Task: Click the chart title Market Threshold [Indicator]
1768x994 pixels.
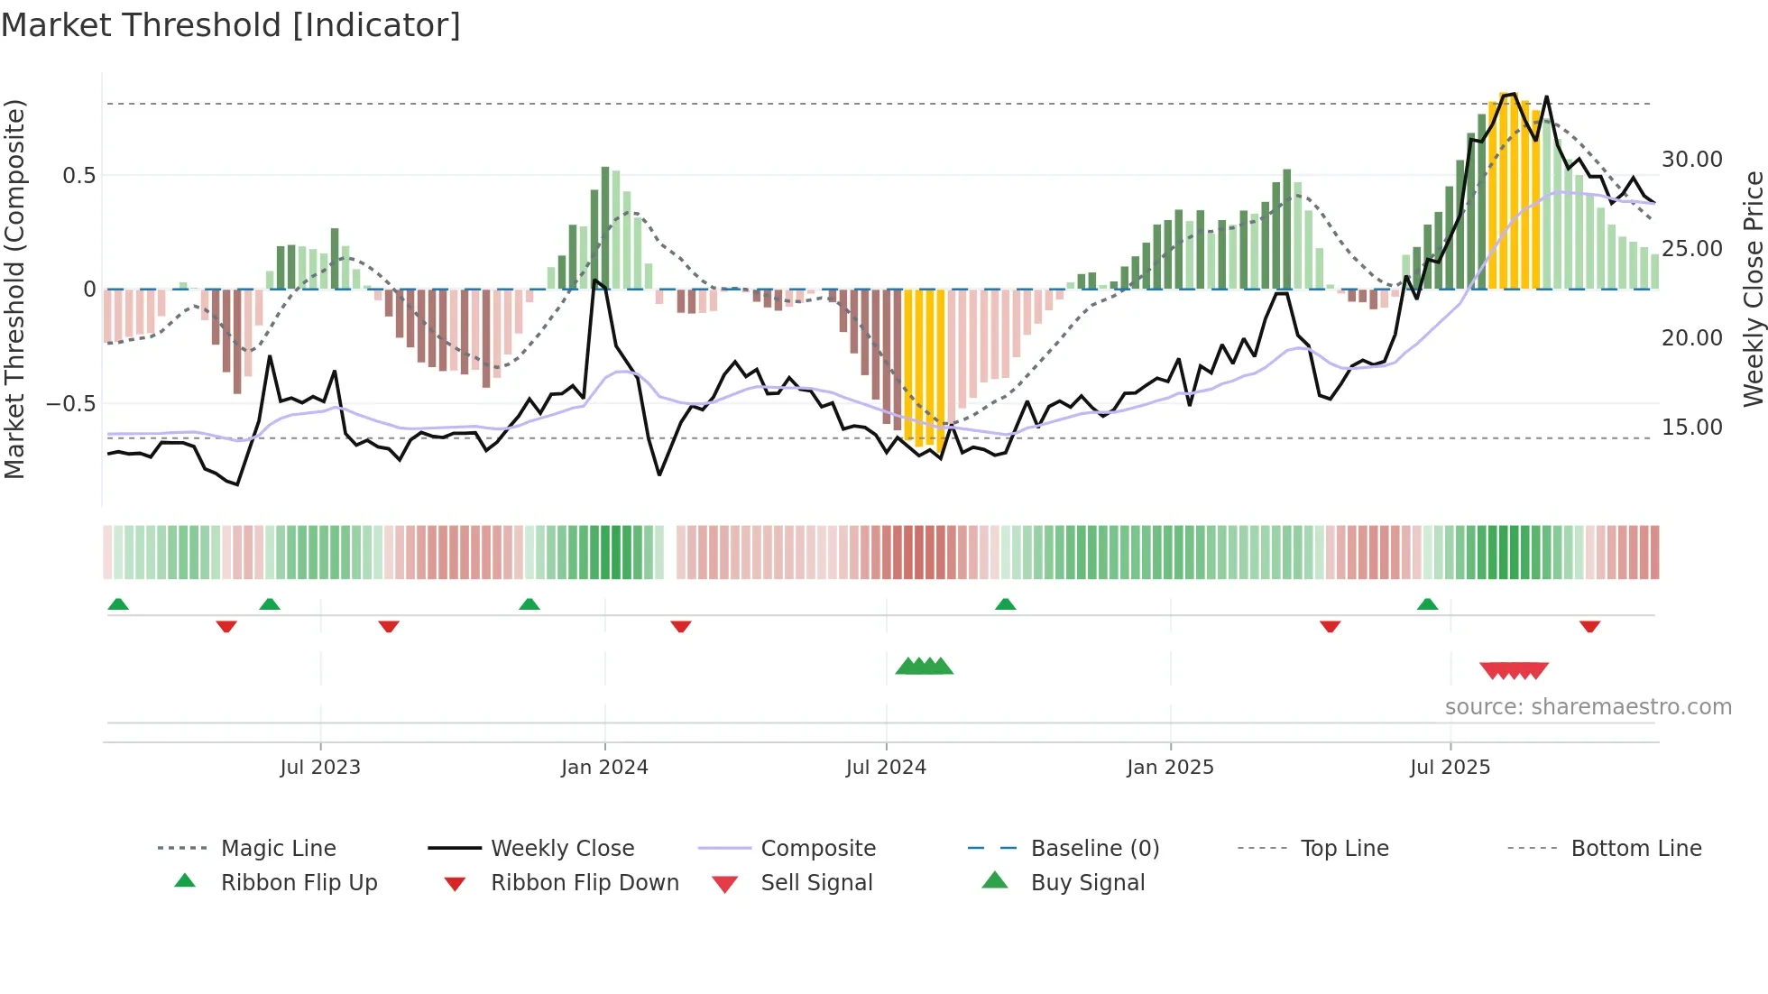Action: click(231, 25)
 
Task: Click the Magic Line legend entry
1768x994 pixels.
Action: click(278, 848)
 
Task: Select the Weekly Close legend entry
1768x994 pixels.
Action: click(562, 848)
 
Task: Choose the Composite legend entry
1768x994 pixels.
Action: click(817, 848)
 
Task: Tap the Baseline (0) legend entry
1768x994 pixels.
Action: click(1094, 848)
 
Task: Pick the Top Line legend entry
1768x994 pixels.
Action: click(1344, 848)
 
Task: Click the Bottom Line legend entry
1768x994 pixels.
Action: click(1635, 848)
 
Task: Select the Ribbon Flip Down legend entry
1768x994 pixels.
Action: click(584, 882)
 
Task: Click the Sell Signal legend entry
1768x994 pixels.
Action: click(816, 882)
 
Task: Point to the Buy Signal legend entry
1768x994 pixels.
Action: click(1087, 882)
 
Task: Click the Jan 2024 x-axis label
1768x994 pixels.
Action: click(604, 767)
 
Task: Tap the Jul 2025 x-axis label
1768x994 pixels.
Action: click(1450, 767)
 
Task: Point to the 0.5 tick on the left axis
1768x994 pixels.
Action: click(79, 175)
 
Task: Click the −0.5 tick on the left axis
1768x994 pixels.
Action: click(71, 403)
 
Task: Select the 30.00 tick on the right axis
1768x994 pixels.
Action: click(1691, 160)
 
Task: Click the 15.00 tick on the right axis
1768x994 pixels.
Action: click(1691, 427)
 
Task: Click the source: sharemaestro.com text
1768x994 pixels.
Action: click(1588, 706)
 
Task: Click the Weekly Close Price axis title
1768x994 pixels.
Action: click(1753, 289)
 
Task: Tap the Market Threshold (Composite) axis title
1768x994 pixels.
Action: click(14, 289)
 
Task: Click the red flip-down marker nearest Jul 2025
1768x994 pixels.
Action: click(1330, 626)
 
